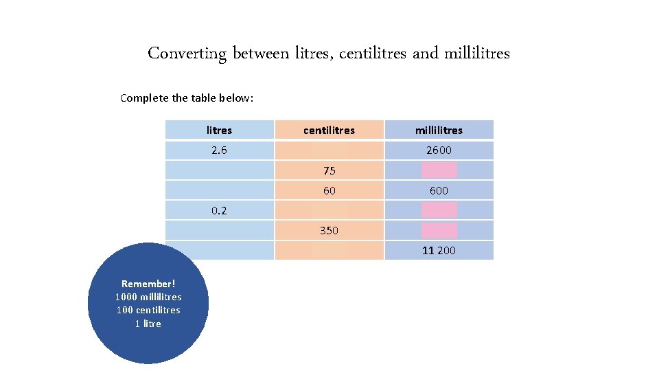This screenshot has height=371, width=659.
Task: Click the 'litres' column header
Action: tap(219, 130)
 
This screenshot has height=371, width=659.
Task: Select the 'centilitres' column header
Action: tap(329, 130)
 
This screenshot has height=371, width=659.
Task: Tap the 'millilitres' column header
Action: tap(439, 130)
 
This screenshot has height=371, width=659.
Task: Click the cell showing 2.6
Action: tap(219, 150)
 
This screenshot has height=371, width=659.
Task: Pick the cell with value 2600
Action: tap(439, 150)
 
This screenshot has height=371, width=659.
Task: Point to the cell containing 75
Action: tap(329, 170)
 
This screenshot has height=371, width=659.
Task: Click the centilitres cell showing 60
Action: tap(329, 190)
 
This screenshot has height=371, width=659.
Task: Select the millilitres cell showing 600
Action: tap(439, 190)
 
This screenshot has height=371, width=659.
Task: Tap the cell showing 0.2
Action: tap(219, 210)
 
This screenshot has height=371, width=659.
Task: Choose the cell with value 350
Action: tap(329, 230)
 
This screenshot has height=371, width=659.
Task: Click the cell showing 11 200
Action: tap(439, 250)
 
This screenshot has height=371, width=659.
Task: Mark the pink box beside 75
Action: tap(439, 170)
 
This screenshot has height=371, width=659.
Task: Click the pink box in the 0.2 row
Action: tap(439, 210)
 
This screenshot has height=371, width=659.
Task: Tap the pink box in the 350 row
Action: tap(439, 230)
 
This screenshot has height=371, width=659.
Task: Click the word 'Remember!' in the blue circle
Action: tap(148, 284)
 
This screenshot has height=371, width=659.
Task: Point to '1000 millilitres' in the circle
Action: tap(148, 297)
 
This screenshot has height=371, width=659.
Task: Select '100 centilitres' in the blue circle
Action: tap(148, 310)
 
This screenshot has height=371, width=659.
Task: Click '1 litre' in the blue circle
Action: tap(148, 324)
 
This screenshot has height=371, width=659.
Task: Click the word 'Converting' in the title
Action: tap(187, 53)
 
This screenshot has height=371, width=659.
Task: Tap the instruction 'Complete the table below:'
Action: tap(187, 98)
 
